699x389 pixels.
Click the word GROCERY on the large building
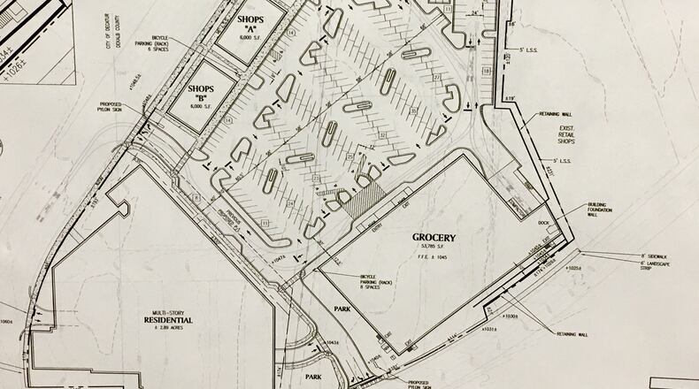[434, 238]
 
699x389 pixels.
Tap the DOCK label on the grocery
[542, 225]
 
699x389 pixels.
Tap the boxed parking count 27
[436, 77]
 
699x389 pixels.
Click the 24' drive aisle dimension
[477, 12]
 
